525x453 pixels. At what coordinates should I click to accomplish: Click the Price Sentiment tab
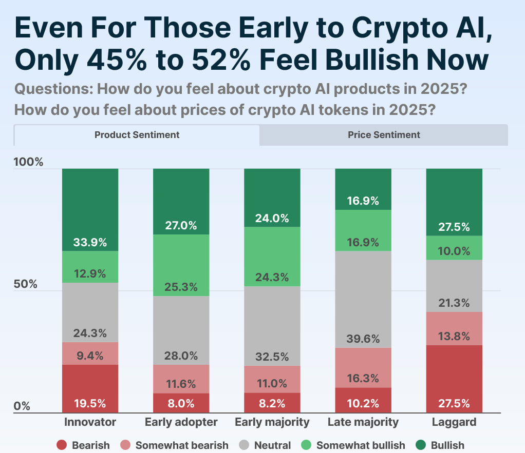coord(384,135)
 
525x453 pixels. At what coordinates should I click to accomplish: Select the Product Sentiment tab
coord(137,135)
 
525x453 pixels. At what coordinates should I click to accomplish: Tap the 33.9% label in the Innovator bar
coord(90,242)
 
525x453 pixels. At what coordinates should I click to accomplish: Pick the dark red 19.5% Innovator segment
coord(90,388)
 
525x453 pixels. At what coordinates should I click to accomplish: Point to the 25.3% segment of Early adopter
coord(181,265)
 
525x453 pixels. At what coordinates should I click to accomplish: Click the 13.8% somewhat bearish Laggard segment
coord(454,328)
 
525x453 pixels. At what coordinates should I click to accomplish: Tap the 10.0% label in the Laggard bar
coord(454,251)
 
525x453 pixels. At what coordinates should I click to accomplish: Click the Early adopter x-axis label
coord(181,422)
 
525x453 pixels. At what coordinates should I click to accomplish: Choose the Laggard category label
coord(454,422)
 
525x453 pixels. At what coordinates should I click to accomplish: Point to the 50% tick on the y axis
coord(25,284)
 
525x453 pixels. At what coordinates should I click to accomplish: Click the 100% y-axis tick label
coord(28,163)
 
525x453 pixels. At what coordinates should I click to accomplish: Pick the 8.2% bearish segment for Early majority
coord(272,403)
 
